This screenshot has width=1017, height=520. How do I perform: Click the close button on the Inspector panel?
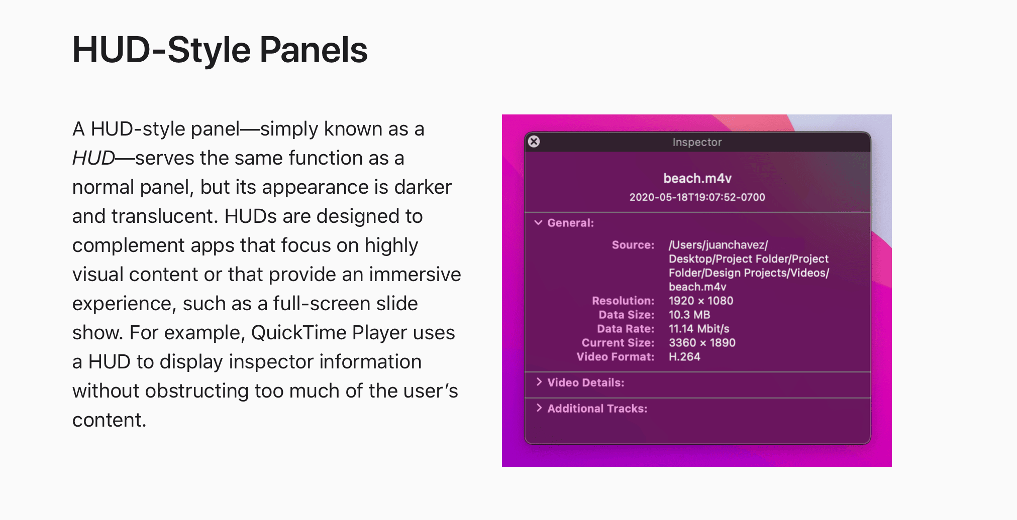[534, 142]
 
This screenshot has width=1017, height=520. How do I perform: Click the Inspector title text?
[697, 142]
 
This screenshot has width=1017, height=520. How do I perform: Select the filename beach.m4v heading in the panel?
[697, 178]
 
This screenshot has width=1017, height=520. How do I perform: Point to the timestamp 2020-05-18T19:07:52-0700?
[697, 197]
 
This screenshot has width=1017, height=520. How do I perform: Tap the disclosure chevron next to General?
[538, 222]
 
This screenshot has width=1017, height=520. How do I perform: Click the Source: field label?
[633, 245]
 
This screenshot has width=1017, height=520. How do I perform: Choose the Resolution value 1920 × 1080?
[700, 301]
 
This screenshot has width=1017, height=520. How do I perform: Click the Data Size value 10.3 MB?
[689, 315]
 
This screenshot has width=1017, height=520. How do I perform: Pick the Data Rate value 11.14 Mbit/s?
[698, 329]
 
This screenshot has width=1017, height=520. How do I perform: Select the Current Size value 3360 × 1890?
[701, 343]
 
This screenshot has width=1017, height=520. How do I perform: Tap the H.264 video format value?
[684, 357]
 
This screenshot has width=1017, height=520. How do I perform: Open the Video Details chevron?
[539, 382]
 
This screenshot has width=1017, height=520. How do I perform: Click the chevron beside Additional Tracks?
[539, 408]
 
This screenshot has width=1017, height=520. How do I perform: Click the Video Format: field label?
[615, 357]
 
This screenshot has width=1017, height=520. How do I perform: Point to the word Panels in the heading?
[314, 50]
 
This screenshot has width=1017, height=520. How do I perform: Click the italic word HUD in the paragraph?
[93, 158]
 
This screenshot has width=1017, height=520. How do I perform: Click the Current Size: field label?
[618, 343]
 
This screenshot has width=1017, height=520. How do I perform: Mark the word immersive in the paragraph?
[415, 275]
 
